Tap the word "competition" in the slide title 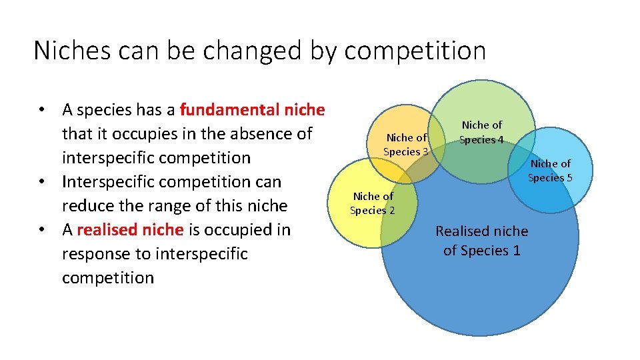(415, 51)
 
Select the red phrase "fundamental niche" (252, 109)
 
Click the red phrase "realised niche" (130, 230)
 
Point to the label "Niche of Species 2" (373, 203)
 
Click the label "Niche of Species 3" (406, 145)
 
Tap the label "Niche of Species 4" (481, 132)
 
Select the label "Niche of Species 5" (550, 170)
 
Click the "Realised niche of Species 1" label (481, 241)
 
